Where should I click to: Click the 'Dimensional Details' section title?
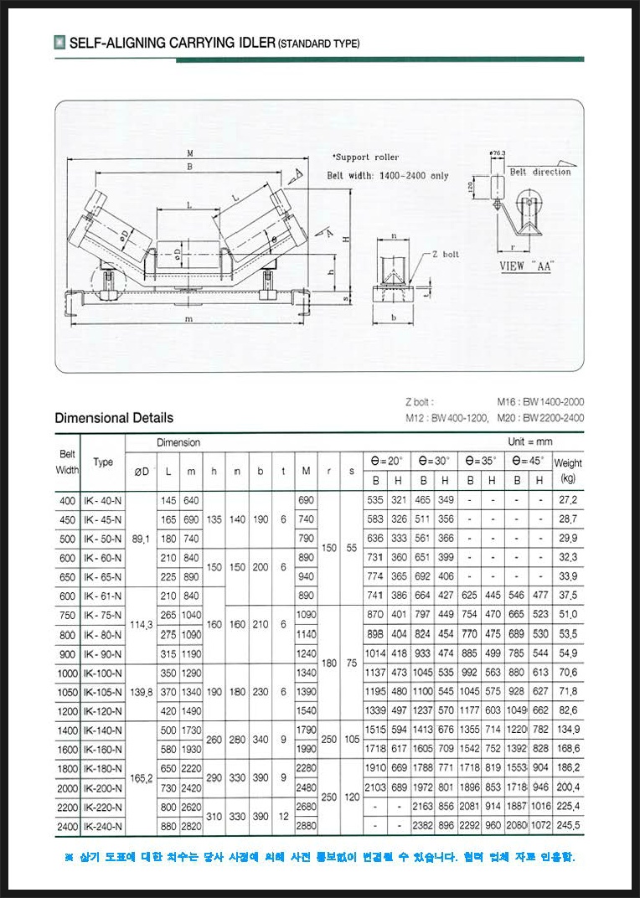tap(114, 417)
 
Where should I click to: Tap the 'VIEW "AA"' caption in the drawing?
tap(526, 266)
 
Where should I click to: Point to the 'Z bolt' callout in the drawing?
tap(446, 253)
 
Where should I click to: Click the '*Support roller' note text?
tap(365, 157)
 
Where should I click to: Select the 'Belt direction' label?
tap(539, 172)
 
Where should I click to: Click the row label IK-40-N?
tap(103, 500)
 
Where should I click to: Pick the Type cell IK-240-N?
tap(103, 826)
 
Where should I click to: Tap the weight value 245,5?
tap(568, 826)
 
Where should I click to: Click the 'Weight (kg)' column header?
tap(568, 470)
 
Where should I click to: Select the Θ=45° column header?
tap(528, 461)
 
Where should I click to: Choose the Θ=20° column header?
tap(387, 461)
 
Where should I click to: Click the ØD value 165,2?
tap(142, 777)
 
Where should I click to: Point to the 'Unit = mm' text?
tap(530, 441)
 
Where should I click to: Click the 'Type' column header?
tap(103, 462)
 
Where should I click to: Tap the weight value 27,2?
tap(568, 500)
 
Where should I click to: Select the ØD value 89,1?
tap(142, 539)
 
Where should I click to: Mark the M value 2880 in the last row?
tap(306, 826)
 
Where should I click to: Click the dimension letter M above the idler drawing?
tap(191, 153)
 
